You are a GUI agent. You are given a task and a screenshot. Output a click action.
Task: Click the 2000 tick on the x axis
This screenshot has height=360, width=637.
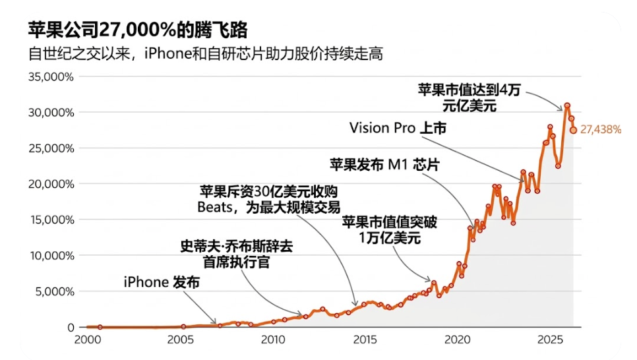(87, 340)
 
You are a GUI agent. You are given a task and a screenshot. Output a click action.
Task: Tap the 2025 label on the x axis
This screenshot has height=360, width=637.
(549, 340)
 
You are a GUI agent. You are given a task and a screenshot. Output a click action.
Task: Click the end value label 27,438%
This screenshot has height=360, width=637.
(600, 130)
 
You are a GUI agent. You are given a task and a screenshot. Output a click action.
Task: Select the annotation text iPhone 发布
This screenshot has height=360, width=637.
(161, 282)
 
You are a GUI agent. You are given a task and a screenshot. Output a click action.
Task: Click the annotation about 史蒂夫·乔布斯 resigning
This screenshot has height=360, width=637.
(237, 254)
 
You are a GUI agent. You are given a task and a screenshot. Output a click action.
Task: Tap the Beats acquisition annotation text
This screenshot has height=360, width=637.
(269, 200)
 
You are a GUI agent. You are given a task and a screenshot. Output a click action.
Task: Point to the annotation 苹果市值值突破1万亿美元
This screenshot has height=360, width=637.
(389, 230)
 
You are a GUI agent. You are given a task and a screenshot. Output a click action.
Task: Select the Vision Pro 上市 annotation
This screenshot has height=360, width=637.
(398, 128)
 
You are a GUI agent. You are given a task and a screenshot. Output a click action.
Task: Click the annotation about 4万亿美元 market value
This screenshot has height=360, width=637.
(469, 98)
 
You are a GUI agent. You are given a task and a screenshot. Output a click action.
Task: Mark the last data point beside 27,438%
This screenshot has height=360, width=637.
(573, 130)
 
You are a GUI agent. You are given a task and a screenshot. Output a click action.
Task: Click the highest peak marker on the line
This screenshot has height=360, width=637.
(566, 105)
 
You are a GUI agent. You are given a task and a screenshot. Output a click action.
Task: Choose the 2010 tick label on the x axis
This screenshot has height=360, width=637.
(272, 340)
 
